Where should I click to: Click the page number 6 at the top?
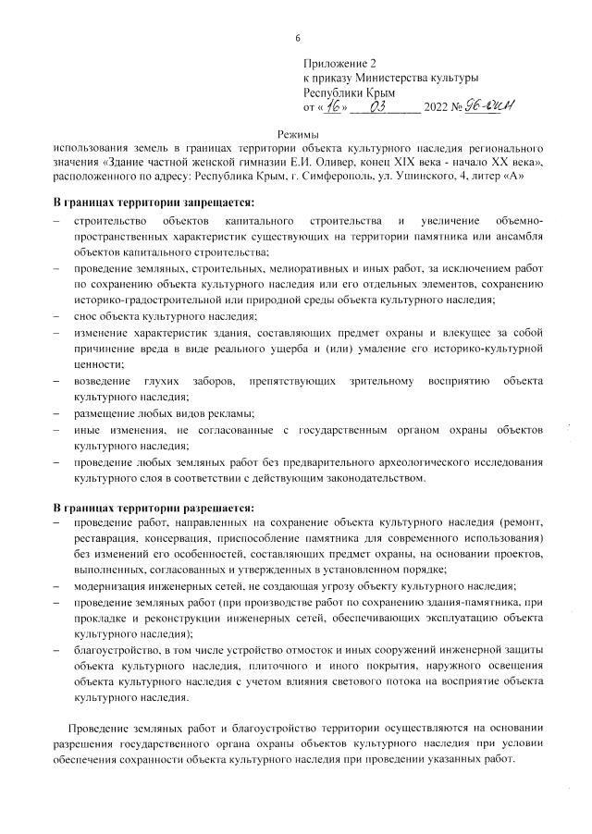pyautogui.click(x=297, y=38)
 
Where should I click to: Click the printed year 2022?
pyautogui.click(x=438, y=108)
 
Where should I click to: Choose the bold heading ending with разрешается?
pyautogui.click(x=153, y=508)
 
